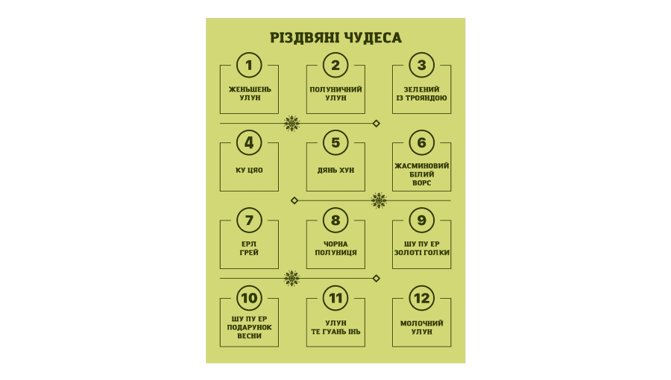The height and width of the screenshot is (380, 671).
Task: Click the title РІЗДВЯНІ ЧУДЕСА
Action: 335,38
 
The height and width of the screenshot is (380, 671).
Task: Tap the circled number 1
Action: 249,65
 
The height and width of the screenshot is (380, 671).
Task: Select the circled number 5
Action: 335,142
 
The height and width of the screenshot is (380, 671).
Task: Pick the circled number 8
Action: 335,220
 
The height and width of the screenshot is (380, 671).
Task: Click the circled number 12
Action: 422,298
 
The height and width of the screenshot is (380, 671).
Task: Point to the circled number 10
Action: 249,298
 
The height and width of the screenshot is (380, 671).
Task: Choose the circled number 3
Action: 422,65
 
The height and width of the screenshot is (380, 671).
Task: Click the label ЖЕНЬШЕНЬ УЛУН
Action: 250,93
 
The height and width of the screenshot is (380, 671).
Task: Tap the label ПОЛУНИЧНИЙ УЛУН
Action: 335,93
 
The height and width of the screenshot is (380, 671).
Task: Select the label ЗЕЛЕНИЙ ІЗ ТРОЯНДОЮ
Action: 421,93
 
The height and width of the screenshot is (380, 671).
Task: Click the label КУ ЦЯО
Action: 249,170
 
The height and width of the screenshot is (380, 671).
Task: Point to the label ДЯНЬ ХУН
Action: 335,170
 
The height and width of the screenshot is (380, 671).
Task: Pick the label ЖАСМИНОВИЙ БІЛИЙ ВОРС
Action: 421,174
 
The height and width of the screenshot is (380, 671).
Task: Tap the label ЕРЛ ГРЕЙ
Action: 249,248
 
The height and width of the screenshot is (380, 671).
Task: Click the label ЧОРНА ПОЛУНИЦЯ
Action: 335,248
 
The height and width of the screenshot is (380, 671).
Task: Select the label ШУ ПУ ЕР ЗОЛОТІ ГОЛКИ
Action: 421,248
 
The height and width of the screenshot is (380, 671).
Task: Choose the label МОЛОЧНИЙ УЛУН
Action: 421,327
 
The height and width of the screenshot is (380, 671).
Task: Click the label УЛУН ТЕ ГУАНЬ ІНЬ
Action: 335,327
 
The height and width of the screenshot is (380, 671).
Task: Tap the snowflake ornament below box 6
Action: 379,200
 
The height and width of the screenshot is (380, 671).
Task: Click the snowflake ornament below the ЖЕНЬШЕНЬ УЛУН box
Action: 292,123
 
